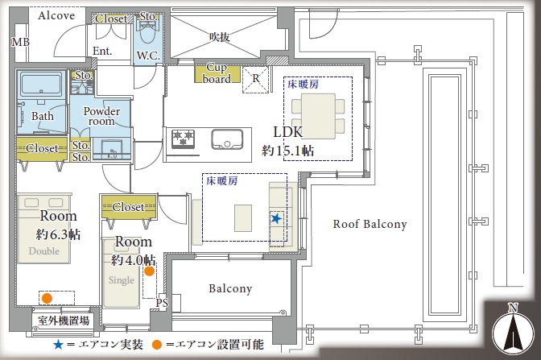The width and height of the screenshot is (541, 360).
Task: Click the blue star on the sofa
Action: (x=276, y=218)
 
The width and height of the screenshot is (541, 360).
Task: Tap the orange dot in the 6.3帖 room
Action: (x=47, y=298)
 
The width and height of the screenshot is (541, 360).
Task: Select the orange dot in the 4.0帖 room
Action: (x=150, y=271)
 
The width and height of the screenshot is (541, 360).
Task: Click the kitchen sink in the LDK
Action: (x=227, y=140)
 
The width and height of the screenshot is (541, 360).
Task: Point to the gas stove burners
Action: (x=184, y=139)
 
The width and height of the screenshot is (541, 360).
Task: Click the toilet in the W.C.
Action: (x=147, y=31)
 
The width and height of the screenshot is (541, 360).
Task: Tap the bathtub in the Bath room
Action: (x=42, y=85)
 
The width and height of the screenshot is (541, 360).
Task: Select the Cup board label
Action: (x=217, y=73)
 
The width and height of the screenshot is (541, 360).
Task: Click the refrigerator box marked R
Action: (x=255, y=80)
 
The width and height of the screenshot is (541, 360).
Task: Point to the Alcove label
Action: (x=56, y=15)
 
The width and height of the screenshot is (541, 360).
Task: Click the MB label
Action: (x=20, y=42)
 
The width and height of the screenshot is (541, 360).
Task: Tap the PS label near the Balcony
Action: (x=162, y=303)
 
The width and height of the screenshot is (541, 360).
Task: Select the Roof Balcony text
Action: (x=370, y=225)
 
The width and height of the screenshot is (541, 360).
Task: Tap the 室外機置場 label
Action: (x=64, y=321)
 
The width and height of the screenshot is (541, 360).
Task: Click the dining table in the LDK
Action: (x=318, y=116)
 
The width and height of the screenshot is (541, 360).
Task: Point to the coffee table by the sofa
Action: (x=243, y=218)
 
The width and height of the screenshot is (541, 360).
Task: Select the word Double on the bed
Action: (x=43, y=251)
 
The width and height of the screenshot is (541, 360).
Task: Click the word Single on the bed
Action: (x=121, y=280)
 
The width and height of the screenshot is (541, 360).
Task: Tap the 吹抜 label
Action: (x=220, y=36)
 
